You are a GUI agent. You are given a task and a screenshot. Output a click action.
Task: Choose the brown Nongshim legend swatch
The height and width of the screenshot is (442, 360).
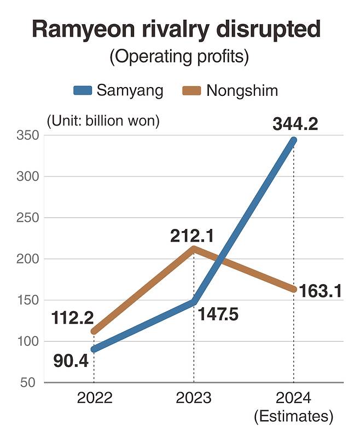pos(193,90)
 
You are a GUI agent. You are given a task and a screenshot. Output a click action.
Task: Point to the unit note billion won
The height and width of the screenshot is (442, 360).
pos(103,120)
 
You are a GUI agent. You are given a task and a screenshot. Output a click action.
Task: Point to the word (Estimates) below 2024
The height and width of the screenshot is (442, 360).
pos(293,417)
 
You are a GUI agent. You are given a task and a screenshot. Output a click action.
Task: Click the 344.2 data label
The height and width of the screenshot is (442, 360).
pos(295,124)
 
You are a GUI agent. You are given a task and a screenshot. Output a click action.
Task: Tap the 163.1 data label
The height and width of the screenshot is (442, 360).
pos(321,291)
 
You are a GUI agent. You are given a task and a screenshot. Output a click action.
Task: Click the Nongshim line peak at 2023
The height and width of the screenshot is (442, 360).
pos(194,249)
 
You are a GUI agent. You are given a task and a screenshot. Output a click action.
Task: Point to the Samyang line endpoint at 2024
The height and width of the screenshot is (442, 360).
pos(293,141)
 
